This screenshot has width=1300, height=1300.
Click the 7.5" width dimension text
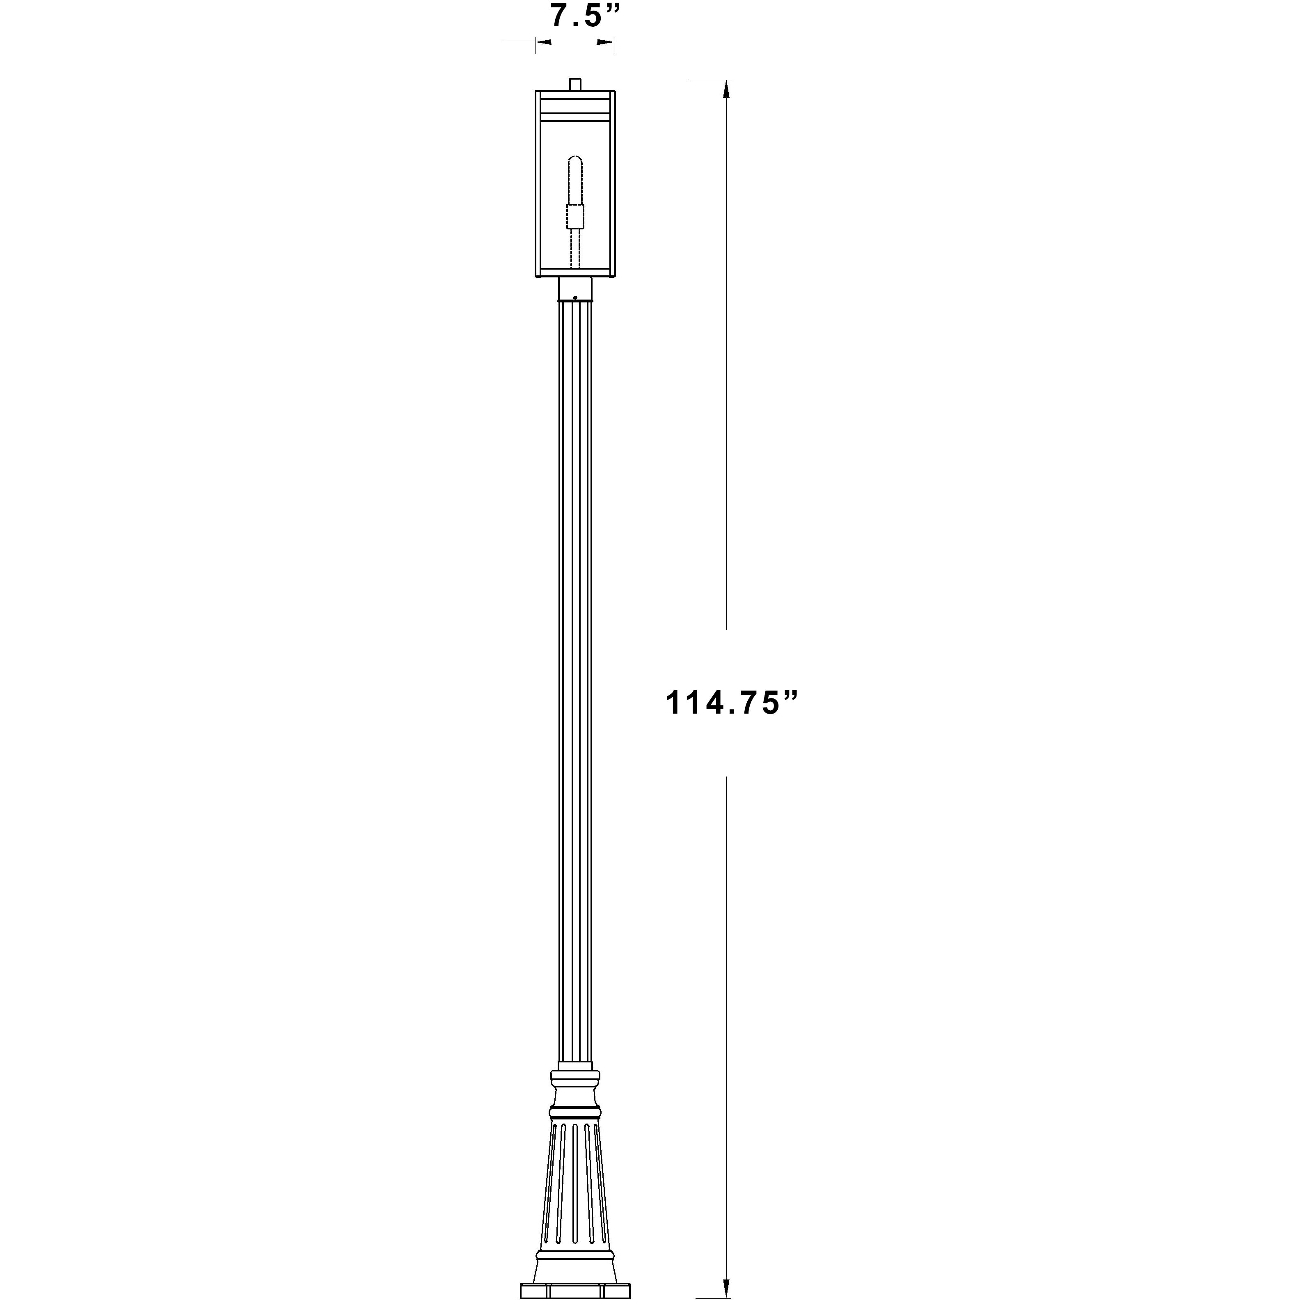pos(584,16)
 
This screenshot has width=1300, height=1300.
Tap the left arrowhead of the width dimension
pos(544,43)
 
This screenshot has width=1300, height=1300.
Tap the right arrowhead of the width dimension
pos(606,43)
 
